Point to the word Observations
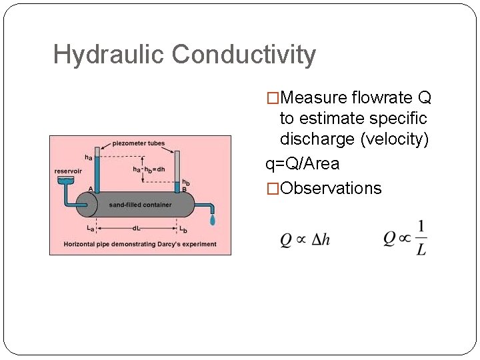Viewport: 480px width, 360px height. (x=331, y=189)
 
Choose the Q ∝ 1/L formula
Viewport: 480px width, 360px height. (x=405, y=238)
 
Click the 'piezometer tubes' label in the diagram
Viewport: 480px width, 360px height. (x=139, y=143)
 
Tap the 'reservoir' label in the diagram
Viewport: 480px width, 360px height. (x=68, y=171)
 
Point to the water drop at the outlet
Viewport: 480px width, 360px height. (x=213, y=220)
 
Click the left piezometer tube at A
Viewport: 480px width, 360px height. (x=97, y=170)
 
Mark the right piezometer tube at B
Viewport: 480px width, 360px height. (x=177, y=171)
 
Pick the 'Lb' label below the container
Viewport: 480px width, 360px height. (x=183, y=229)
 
